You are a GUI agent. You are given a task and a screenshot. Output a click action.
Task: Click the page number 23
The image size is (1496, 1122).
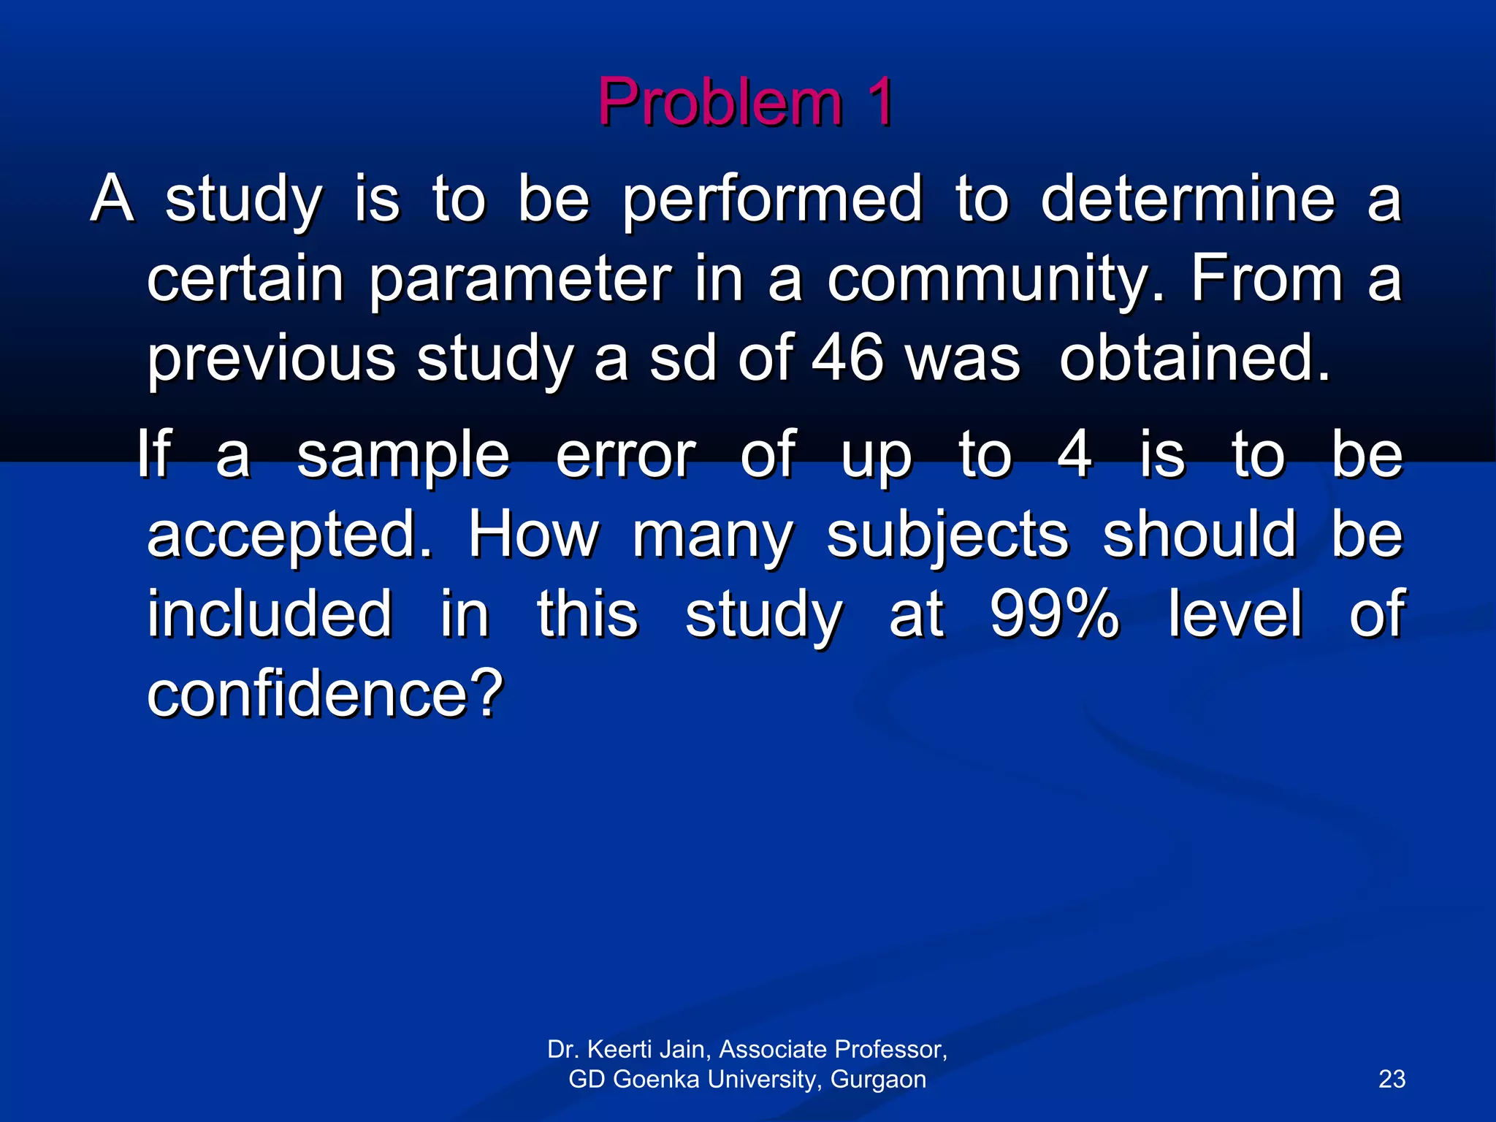pyautogui.click(x=1392, y=1079)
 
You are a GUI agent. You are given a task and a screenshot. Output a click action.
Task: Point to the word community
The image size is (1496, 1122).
pyautogui.click(x=996, y=279)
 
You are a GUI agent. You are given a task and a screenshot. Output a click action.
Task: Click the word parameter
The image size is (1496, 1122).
pyautogui.click(x=519, y=279)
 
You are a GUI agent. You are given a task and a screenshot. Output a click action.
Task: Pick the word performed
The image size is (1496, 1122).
pyautogui.click(x=772, y=199)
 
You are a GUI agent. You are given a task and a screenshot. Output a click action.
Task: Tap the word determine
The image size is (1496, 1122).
pyautogui.click(x=1188, y=199)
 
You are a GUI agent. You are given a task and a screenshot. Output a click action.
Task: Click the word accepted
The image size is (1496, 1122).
pyautogui.click(x=289, y=535)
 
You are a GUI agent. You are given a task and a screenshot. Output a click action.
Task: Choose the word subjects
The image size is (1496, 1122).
pyautogui.click(x=947, y=535)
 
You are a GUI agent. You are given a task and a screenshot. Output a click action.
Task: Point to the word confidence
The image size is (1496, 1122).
pyautogui.click(x=325, y=693)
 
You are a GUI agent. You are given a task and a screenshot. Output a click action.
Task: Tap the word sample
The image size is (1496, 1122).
pyautogui.click(x=402, y=455)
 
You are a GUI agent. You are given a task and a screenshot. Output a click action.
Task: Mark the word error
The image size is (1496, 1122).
pyautogui.click(x=625, y=455)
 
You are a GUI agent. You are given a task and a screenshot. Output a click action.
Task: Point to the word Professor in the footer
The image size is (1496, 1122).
pyautogui.click(x=890, y=1049)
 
